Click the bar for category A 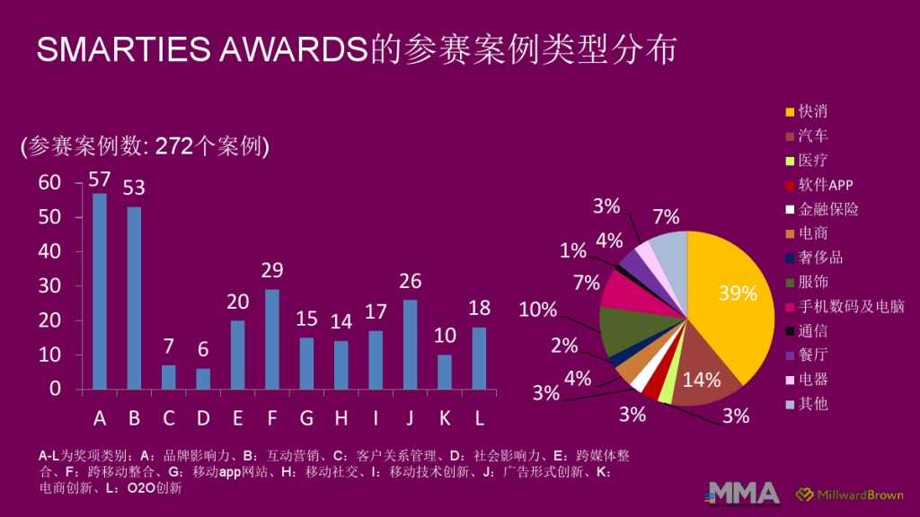point(100,292)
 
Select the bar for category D point(203,379)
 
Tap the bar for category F point(272,339)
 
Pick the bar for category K point(445,372)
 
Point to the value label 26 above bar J point(411,282)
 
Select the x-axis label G point(306,418)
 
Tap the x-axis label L point(480,418)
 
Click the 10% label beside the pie point(539,311)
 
